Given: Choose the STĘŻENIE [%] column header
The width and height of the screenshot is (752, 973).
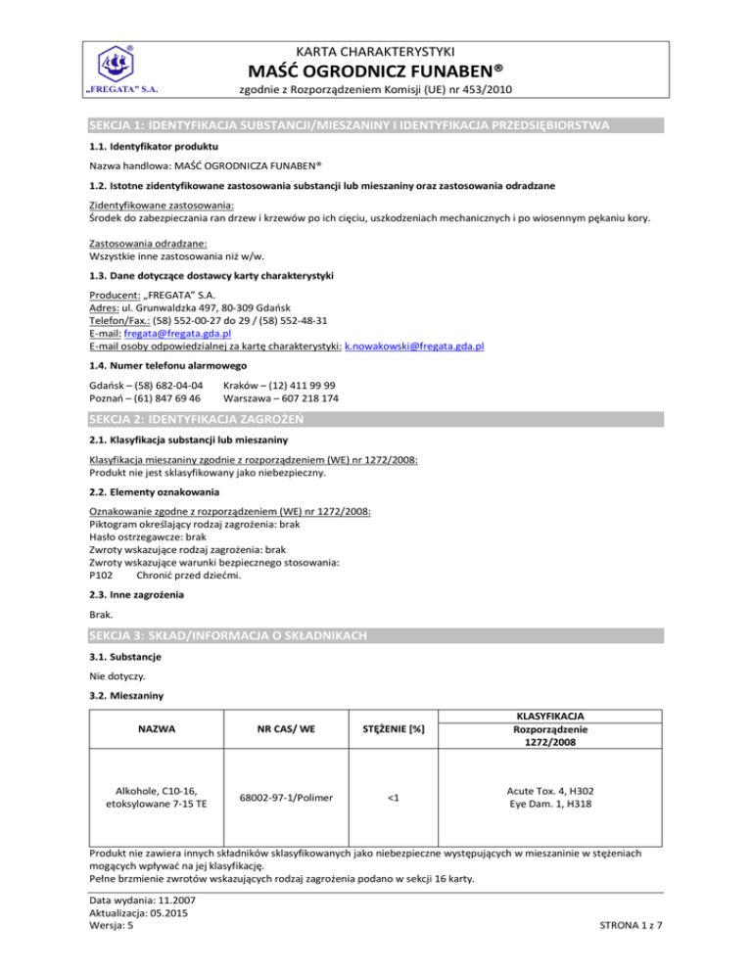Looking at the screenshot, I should [x=392, y=729].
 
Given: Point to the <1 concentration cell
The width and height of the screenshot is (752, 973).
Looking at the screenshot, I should [x=392, y=797].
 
